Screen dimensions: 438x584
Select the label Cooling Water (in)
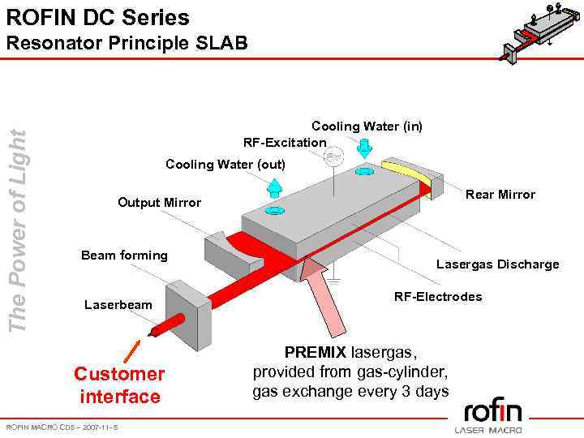pyautogui.click(x=367, y=126)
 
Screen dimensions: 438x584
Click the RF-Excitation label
pyautogui.click(x=285, y=142)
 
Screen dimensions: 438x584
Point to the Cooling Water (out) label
pyautogui.click(x=225, y=164)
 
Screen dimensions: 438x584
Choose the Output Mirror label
pyautogui.click(x=159, y=202)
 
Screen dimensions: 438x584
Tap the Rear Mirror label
pyautogui.click(x=500, y=195)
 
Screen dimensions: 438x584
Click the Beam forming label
pyautogui.click(x=124, y=255)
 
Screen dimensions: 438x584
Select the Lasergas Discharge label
pyautogui.click(x=497, y=264)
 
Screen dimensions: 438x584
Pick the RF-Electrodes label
pyautogui.click(x=438, y=296)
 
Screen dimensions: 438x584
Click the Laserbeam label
pyautogui.click(x=118, y=305)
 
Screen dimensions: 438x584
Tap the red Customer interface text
pyautogui.click(x=119, y=385)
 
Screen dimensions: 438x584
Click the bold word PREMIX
pyautogui.click(x=315, y=354)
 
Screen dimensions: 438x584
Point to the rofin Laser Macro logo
pyautogui.click(x=487, y=414)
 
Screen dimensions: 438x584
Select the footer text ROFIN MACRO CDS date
pyautogui.click(x=62, y=427)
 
